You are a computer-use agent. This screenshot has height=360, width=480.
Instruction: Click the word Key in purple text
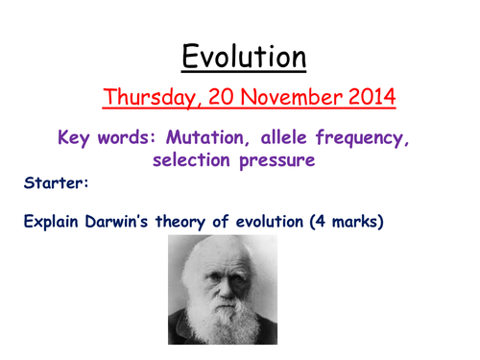(77, 139)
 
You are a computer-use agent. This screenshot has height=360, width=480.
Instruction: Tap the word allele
(280, 139)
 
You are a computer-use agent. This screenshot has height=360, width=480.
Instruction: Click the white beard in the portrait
(222, 317)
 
